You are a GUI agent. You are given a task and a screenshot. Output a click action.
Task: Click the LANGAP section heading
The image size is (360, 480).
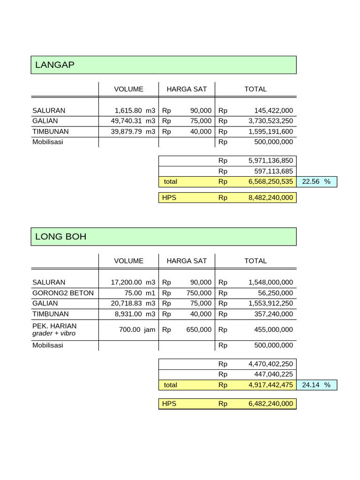[x=55, y=65]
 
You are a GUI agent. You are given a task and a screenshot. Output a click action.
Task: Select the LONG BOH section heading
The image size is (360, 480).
[x=60, y=237]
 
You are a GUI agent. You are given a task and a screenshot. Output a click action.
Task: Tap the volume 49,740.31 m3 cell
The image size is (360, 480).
[x=133, y=121]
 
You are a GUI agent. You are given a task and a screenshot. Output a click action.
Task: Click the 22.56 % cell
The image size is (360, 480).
[x=316, y=181]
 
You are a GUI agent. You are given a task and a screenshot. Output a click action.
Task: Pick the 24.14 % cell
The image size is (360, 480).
[x=316, y=385]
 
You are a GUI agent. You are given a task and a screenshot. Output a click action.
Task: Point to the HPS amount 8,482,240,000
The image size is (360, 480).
[x=270, y=198]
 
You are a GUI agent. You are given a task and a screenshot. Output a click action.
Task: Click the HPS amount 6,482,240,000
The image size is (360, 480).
[x=270, y=404]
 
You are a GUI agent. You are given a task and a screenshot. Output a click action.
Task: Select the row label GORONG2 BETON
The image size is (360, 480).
[x=63, y=293]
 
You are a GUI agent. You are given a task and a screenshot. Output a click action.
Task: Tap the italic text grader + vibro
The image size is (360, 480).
[x=54, y=333]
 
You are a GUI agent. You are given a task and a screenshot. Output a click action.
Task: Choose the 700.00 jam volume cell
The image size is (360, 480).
[x=137, y=330]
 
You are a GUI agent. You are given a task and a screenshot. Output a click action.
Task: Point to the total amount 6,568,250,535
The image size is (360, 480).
[x=270, y=181]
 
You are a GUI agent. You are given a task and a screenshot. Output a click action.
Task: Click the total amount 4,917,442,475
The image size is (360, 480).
[x=270, y=385]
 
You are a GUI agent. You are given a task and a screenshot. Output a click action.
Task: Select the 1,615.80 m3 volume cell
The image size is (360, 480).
[x=135, y=111]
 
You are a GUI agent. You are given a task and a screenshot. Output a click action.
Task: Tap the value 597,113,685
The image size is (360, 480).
[x=270, y=171]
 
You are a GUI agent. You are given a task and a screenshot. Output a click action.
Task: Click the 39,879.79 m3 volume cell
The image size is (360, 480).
[x=133, y=132]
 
